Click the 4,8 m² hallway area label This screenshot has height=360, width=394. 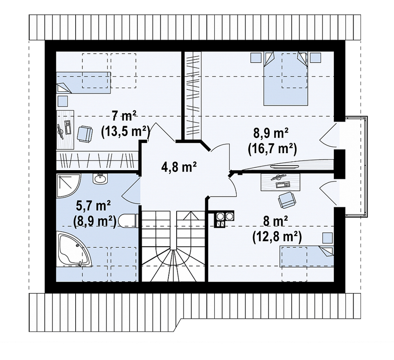(x=178, y=167)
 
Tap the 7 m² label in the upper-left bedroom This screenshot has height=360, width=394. (x=124, y=116)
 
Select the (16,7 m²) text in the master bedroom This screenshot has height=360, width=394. (x=272, y=149)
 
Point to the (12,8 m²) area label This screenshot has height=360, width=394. (x=277, y=237)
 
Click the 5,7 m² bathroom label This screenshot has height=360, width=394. (x=93, y=206)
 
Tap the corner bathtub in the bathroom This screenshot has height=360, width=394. (x=72, y=249)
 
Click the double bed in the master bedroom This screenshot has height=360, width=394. (x=285, y=78)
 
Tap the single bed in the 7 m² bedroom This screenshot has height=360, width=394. (x=83, y=83)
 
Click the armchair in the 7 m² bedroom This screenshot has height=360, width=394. (x=85, y=134)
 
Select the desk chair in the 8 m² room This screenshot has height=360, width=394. (x=287, y=200)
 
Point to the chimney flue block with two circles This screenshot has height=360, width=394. (x=224, y=219)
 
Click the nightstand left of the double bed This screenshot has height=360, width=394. (x=256, y=57)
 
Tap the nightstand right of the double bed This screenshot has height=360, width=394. (x=316, y=57)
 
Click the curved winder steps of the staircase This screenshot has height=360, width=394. (x=174, y=265)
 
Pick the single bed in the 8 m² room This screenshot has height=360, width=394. (x=306, y=257)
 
